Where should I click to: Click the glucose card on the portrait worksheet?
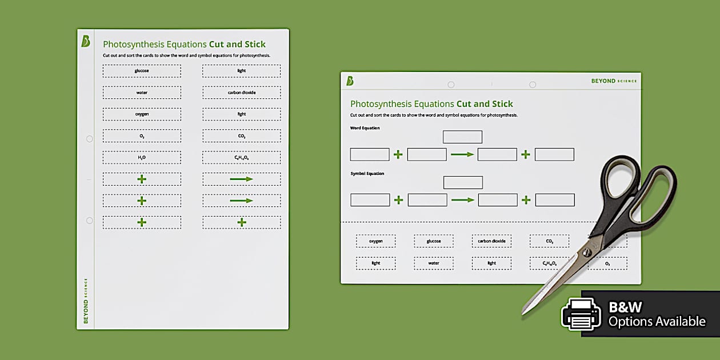pyautogui.click(x=142, y=71)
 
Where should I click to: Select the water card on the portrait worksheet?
pyautogui.click(x=142, y=93)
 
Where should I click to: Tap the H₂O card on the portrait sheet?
pyautogui.click(x=142, y=157)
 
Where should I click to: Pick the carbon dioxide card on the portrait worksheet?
pyautogui.click(x=241, y=93)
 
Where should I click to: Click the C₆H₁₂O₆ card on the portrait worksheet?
pyautogui.click(x=241, y=157)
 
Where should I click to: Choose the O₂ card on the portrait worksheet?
pyautogui.click(x=142, y=136)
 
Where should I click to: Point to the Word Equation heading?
pyautogui.click(x=365, y=128)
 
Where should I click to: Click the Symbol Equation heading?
pyautogui.click(x=367, y=173)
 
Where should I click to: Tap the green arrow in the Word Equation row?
pyautogui.click(x=462, y=154)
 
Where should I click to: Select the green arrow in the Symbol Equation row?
pyautogui.click(x=463, y=200)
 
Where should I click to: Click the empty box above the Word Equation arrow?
pyautogui.click(x=462, y=137)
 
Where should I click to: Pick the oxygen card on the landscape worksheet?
pyautogui.click(x=375, y=241)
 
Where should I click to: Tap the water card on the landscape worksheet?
pyautogui.click(x=434, y=263)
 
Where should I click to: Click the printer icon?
pyautogui.click(x=581, y=314)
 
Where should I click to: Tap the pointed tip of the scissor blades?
pyautogui.click(x=523, y=313)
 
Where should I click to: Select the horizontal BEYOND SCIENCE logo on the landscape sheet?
pyautogui.click(x=614, y=81)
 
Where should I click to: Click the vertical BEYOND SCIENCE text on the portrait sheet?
pyautogui.click(x=86, y=301)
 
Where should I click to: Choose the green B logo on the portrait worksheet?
pyautogui.click(x=86, y=41)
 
